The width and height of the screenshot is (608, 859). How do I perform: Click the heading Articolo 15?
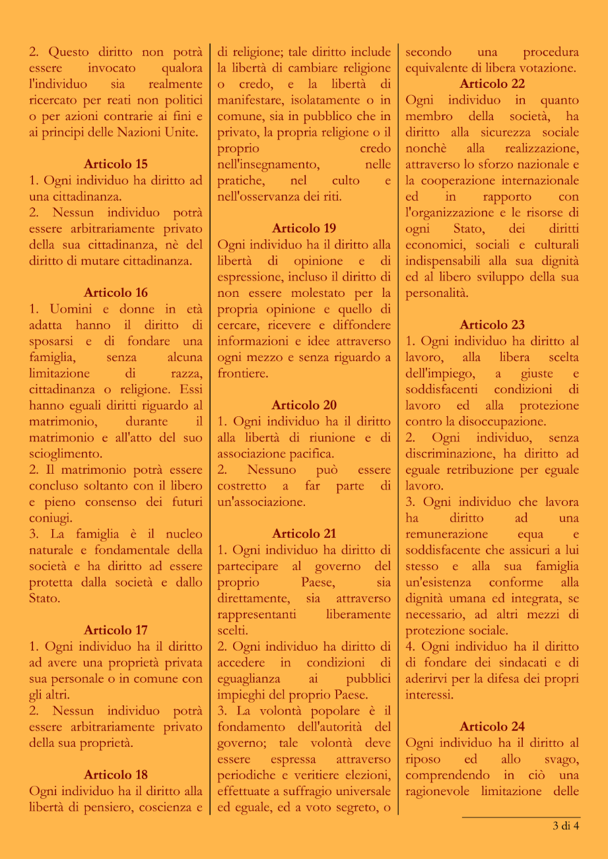[x=116, y=164]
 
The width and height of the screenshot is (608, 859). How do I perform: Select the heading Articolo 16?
[x=116, y=292]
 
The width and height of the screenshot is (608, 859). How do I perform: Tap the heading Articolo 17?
[x=116, y=630]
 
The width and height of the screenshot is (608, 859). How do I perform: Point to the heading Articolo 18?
[x=116, y=775]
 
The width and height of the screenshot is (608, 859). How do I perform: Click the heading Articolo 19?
[x=304, y=228]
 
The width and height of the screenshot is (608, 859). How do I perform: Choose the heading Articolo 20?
[x=304, y=405]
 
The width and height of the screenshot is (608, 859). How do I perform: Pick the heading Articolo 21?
[x=304, y=534]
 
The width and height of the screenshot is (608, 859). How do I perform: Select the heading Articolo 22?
[x=492, y=84]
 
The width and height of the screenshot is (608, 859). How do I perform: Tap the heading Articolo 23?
[x=492, y=325]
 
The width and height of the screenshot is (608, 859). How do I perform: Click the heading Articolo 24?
[x=492, y=726]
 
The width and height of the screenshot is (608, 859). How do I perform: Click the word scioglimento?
[x=66, y=454]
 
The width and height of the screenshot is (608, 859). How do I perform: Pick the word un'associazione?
[x=261, y=502]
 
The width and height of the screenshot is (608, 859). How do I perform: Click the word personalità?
[x=436, y=292]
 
